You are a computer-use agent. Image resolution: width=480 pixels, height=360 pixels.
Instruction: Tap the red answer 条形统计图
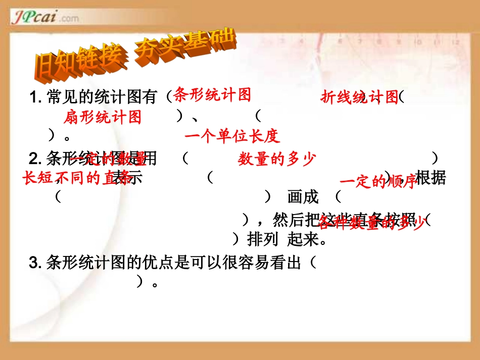pyautogui.click(x=212, y=94)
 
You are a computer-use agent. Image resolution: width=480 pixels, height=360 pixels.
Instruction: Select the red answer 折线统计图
pyautogui.click(x=360, y=97)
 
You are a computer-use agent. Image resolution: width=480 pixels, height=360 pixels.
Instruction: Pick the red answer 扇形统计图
pyautogui.click(x=103, y=118)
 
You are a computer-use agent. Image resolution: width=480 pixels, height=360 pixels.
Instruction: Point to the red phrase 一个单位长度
pyautogui.click(x=232, y=136)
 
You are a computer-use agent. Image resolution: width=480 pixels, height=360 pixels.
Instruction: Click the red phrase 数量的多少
pyautogui.click(x=276, y=160)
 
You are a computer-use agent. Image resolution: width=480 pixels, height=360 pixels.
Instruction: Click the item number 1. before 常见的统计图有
pyautogui.click(x=36, y=97)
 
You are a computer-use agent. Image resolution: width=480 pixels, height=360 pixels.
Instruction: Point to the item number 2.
pyautogui.click(x=35, y=160)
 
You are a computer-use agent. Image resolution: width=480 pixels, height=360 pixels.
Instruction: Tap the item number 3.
pyautogui.click(x=35, y=263)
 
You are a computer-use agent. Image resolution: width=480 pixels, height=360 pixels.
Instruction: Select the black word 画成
pyautogui.click(x=303, y=197)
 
